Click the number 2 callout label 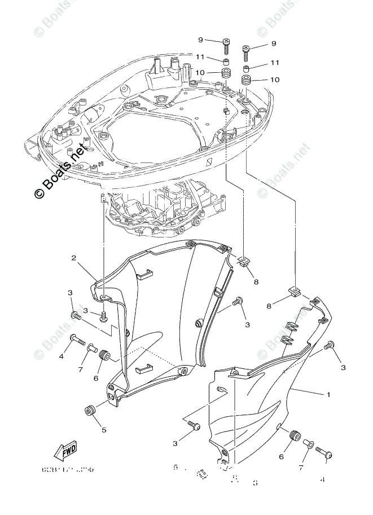pos(74,258)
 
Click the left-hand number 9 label pos(200,39)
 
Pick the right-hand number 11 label pos(275,63)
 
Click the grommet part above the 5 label pos(89,410)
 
